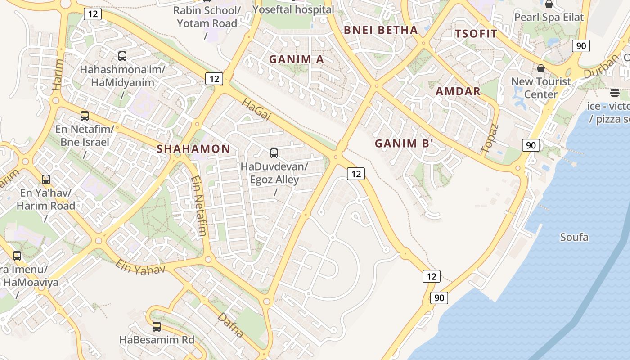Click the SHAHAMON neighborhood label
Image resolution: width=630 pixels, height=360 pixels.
pyautogui.click(x=193, y=149)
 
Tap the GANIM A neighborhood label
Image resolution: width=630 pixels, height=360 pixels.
pyautogui.click(x=296, y=59)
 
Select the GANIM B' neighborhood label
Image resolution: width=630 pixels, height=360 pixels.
pyautogui.click(x=404, y=144)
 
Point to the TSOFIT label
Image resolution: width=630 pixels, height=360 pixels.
pyautogui.click(x=476, y=34)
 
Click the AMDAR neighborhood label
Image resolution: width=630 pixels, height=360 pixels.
pyautogui.click(x=458, y=91)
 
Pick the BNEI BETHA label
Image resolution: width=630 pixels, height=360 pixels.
pyautogui.click(x=381, y=30)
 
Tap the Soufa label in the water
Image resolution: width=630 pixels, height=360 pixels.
pyautogui.click(x=574, y=237)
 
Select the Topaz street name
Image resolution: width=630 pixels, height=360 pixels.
pyautogui.click(x=490, y=138)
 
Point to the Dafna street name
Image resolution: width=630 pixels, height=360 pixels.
pyautogui.click(x=230, y=325)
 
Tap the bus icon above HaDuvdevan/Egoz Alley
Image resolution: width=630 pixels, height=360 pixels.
pyautogui.click(x=274, y=153)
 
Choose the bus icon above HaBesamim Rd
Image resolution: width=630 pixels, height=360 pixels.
pyautogui.click(x=156, y=327)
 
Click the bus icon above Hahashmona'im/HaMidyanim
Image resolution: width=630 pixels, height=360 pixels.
pyautogui.click(x=122, y=56)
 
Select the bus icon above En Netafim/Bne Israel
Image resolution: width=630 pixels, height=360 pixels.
pyautogui.click(x=84, y=116)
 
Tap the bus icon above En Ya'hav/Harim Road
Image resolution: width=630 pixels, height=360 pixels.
pyautogui.click(x=45, y=180)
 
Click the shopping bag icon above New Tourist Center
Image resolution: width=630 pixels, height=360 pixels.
pyautogui.click(x=540, y=68)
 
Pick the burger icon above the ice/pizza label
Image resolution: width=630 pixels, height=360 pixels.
pyautogui.click(x=614, y=93)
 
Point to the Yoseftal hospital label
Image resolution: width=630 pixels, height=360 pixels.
pyautogui.click(x=293, y=9)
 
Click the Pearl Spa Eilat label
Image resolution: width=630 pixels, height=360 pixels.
pyautogui.click(x=549, y=18)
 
